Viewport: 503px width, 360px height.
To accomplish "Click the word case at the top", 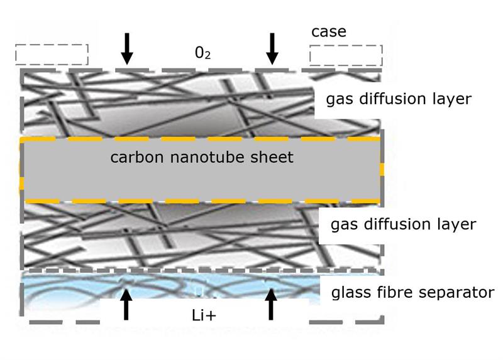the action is click(x=329, y=32).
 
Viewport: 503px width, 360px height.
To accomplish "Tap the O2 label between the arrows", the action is click(x=202, y=53).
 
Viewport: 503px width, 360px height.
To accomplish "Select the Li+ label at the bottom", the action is click(x=204, y=316).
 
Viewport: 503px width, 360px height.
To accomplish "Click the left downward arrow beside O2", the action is click(x=127, y=49).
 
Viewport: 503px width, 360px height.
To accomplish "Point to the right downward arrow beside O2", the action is click(x=272, y=49).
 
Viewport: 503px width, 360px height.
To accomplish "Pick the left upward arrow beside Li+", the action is click(x=126, y=304).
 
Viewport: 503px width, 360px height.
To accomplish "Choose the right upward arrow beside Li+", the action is click(x=271, y=304).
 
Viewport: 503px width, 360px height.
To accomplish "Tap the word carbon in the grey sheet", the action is click(x=137, y=158).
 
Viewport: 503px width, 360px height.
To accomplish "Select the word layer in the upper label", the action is click(x=452, y=99).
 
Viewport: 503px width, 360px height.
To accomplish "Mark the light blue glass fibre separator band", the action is click(x=170, y=286).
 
